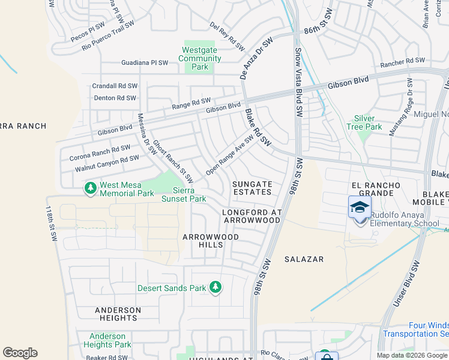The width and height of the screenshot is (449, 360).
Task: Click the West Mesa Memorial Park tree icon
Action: (x=91, y=188)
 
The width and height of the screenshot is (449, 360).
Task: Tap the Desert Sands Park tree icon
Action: (x=215, y=288)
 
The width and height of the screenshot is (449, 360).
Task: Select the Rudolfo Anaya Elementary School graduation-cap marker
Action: (x=360, y=208)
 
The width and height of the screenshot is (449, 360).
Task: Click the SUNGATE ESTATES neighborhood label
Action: (x=252, y=188)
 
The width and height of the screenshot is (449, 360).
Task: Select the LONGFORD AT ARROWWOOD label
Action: (x=251, y=217)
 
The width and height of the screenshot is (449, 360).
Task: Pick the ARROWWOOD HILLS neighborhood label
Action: (x=211, y=241)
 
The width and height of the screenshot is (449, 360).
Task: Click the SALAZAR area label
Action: (x=308, y=259)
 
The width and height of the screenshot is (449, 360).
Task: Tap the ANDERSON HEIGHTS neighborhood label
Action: (x=118, y=314)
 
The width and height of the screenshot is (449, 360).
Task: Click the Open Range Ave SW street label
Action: (x=230, y=155)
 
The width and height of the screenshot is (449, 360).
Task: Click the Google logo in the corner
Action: (x=20, y=353)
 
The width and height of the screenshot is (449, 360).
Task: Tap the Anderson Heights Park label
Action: (x=107, y=340)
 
